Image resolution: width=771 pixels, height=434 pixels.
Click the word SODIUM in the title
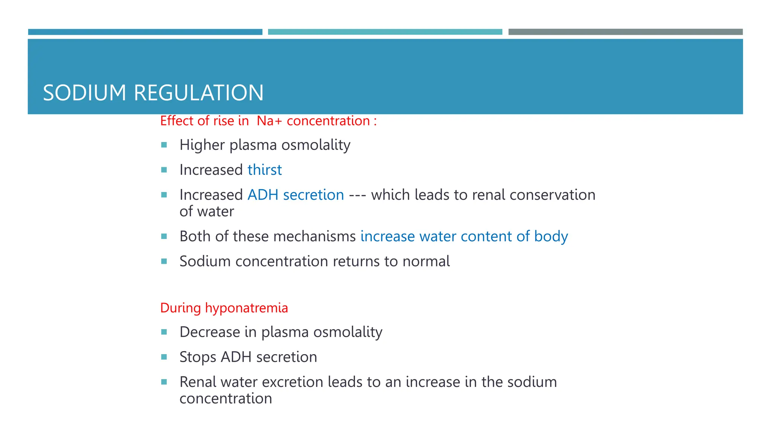pyautogui.click(x=84, y=93)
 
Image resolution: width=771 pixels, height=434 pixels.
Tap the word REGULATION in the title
pyautogui.click(x=198, y=93)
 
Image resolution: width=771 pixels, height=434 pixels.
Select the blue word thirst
pyautogui.click(x=265, y=170)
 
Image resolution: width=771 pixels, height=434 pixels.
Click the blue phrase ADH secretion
pyautogui.click(x=296, y=195)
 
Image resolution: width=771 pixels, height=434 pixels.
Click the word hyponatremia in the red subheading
pyautogui.click(x=246, y=308)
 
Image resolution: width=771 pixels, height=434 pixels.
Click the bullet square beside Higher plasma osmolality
pyautogui.click(x=164, y=145)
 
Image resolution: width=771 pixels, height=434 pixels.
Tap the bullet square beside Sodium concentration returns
pyautogui.click(x=164, y=261)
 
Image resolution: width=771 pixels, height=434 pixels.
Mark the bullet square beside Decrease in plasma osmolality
pyautogui.click(x=164, y=332)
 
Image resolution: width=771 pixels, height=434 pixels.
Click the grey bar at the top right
pyautogui.click(x=625, y=32)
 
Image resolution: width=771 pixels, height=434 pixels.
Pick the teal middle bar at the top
pyautogui.click(x=385, y=32)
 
